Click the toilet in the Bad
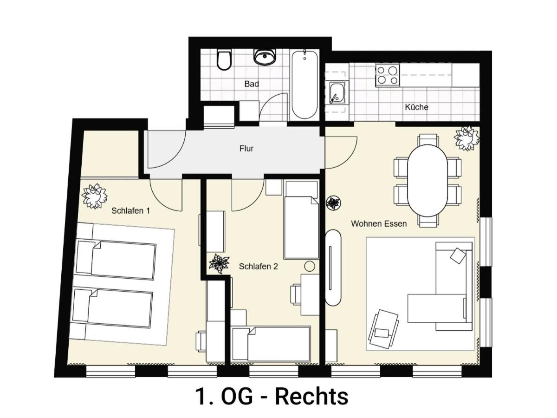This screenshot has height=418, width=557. click(x=224, y=59)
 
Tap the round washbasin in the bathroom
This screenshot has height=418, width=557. click(x=265, y=56)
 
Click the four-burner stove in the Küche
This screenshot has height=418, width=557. click(x=388, y=75)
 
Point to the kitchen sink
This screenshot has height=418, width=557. click(x=337, y=92)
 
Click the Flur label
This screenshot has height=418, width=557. click(x=246, y=149)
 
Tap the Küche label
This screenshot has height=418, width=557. click(x=416, y=107)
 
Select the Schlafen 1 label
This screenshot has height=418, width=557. click(x=130, y=211)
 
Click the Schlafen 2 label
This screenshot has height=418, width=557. click(x=259, y=267)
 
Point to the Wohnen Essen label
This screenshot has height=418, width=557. click(x=379, y=223)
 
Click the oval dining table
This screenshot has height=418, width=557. click(x=427, y=181)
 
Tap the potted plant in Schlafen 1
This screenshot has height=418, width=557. click(x=94, y=196)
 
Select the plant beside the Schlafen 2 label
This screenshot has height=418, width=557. click(x=219, y=263)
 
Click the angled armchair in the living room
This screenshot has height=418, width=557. click(x=383, y=329)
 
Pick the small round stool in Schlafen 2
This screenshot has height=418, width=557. click(x=310, y=266)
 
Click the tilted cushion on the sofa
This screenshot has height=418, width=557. click(x=458, y=256)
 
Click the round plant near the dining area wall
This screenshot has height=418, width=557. click(x=333, y=203)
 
